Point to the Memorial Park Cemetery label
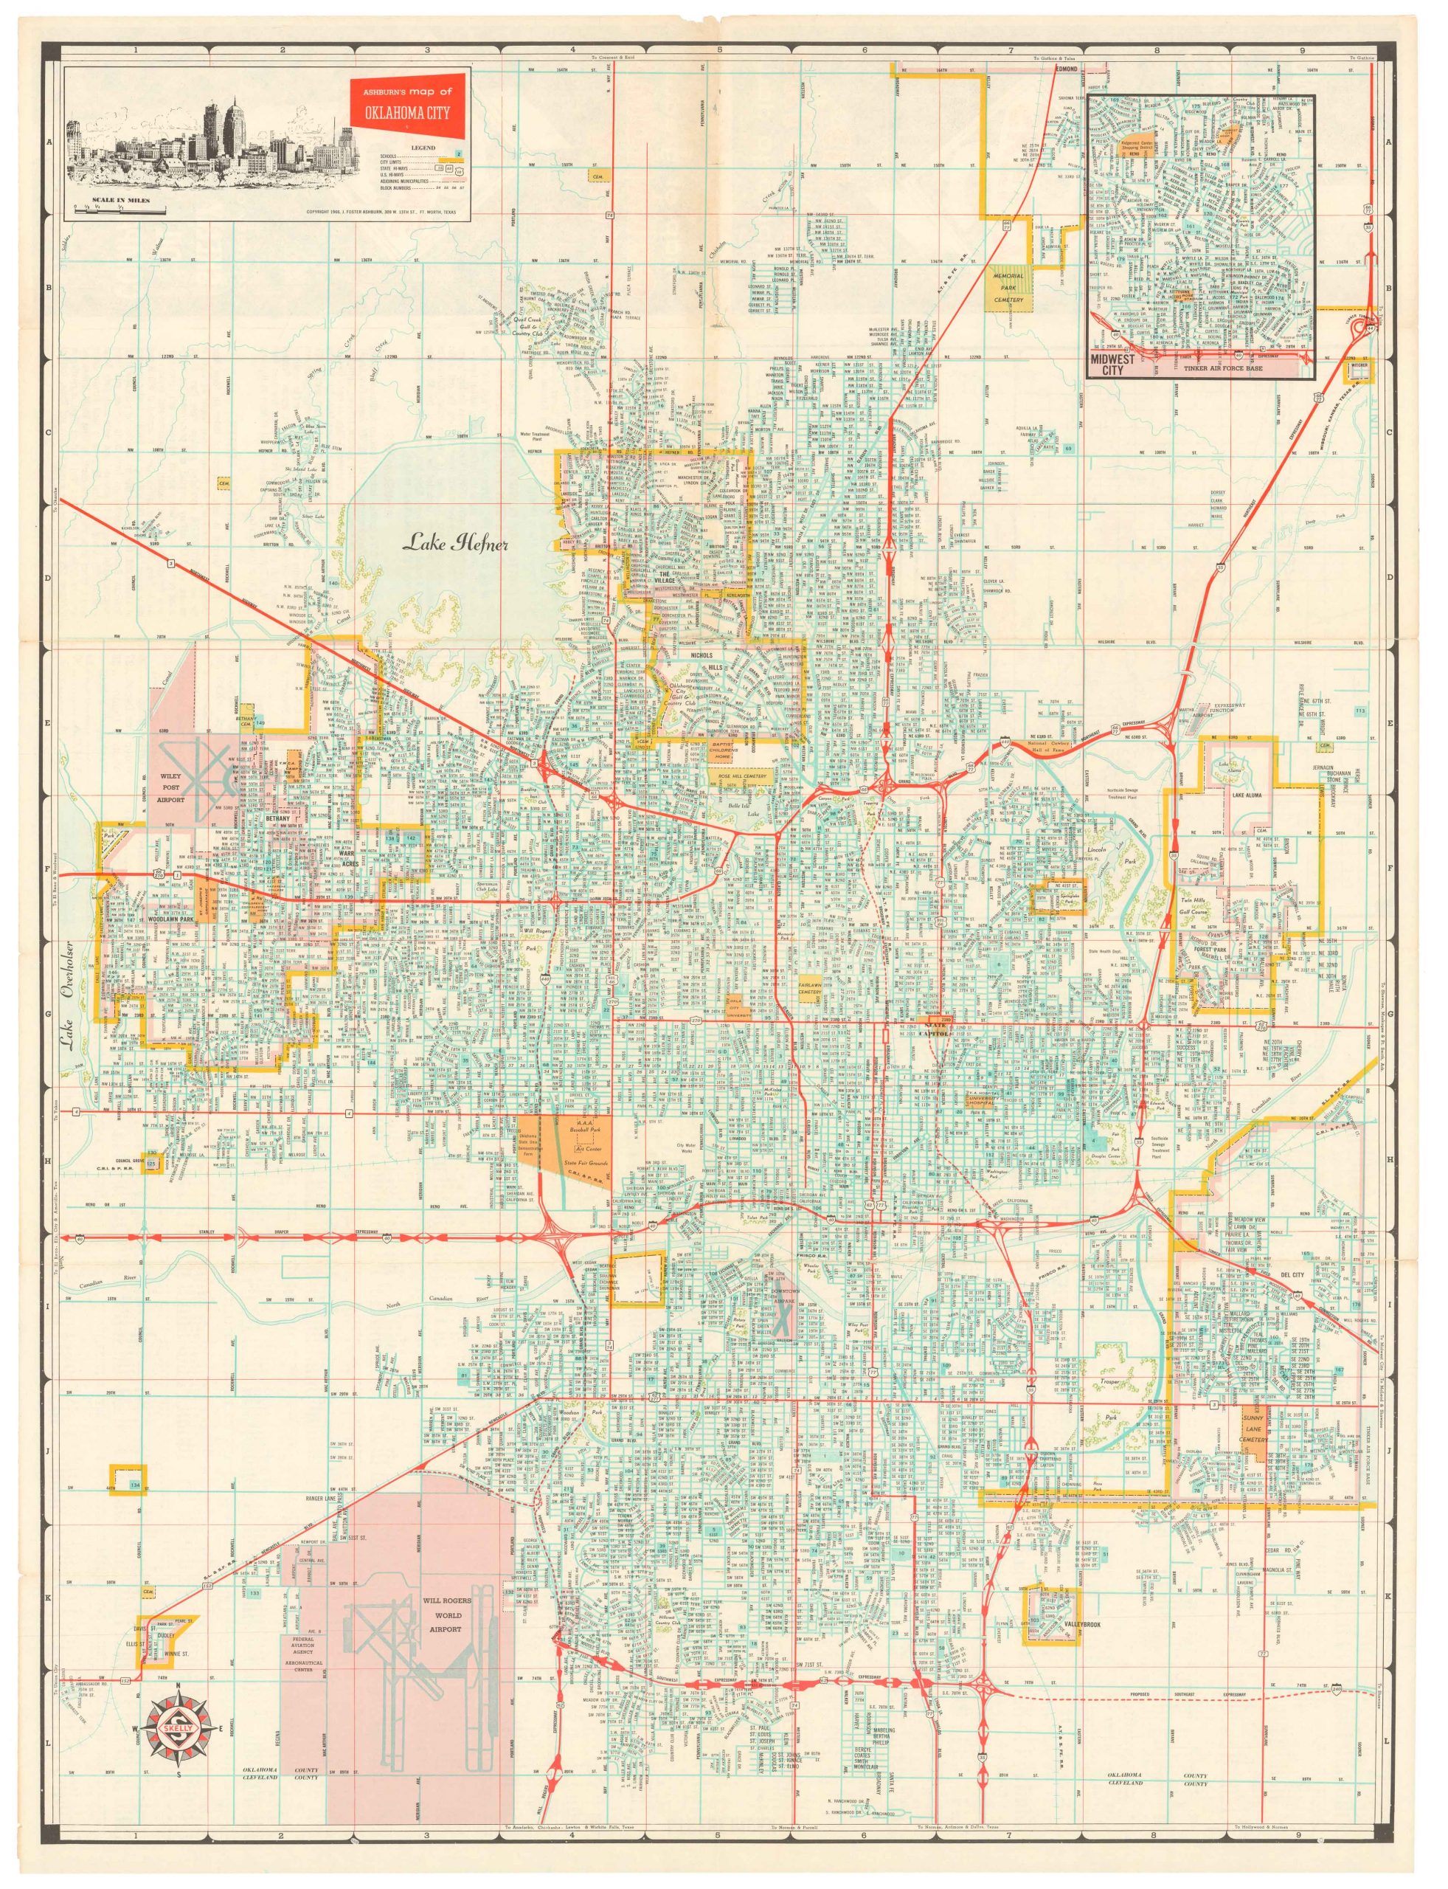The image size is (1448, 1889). tap(1007, 287)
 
